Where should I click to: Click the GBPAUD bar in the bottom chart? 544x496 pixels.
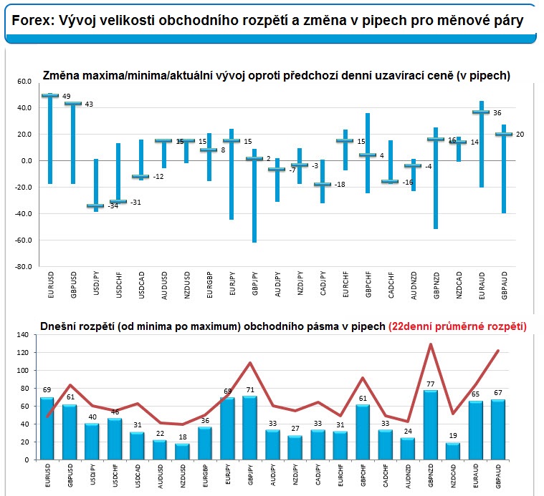coord(498,429)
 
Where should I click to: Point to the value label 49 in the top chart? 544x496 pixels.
coord(67,96)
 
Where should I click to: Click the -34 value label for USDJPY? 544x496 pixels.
coord(113,206)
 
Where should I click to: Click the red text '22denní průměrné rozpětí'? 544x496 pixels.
coord(457,326)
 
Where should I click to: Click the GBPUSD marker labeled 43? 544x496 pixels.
coord(72,104)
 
